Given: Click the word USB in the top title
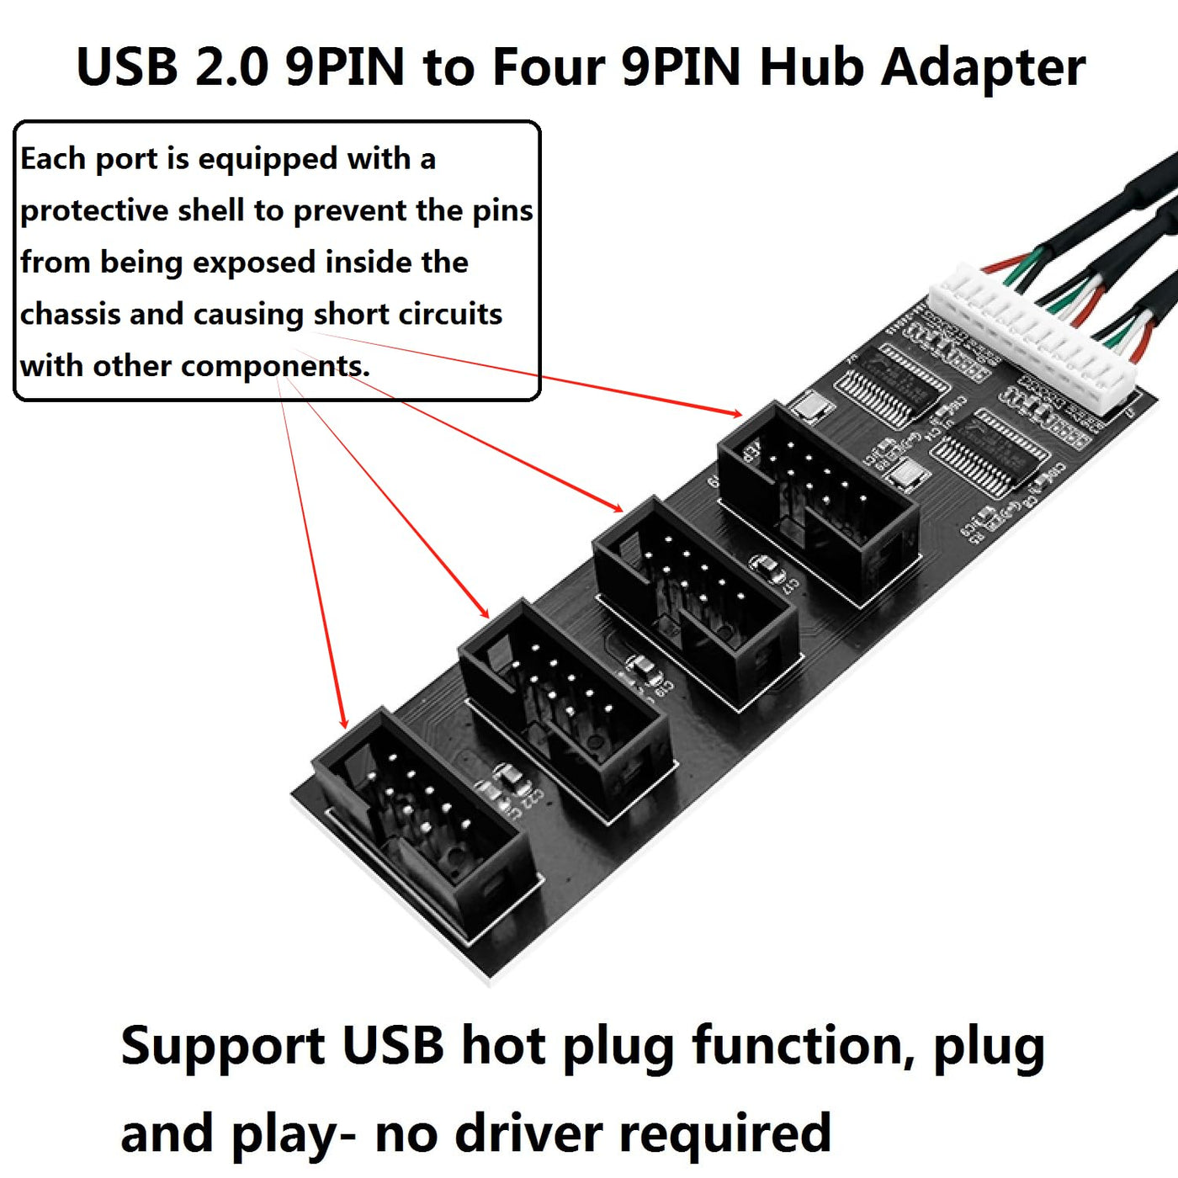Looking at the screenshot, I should point(127,66).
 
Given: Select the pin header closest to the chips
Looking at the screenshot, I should point(816,501).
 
